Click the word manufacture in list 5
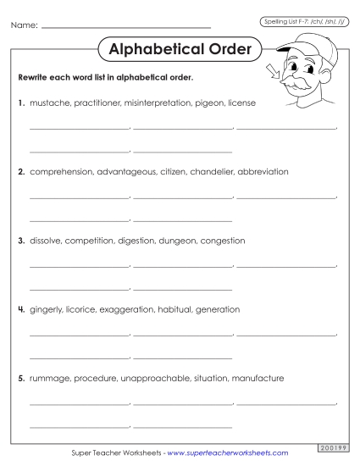click(258, 378)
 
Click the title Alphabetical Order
click(180, 49)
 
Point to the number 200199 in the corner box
click(331, 447)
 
